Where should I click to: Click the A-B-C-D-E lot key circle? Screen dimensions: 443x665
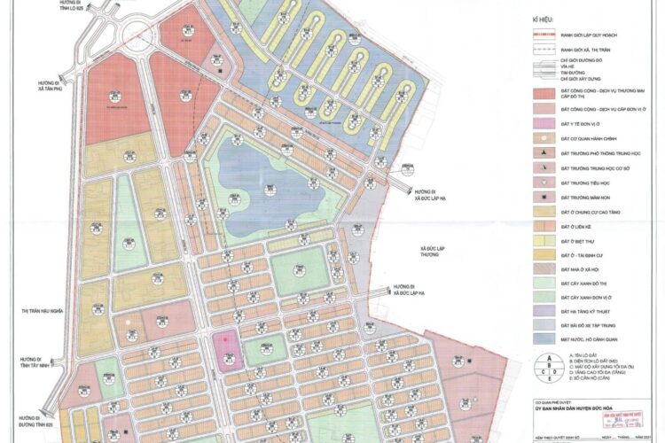click(x=552, y=365)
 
